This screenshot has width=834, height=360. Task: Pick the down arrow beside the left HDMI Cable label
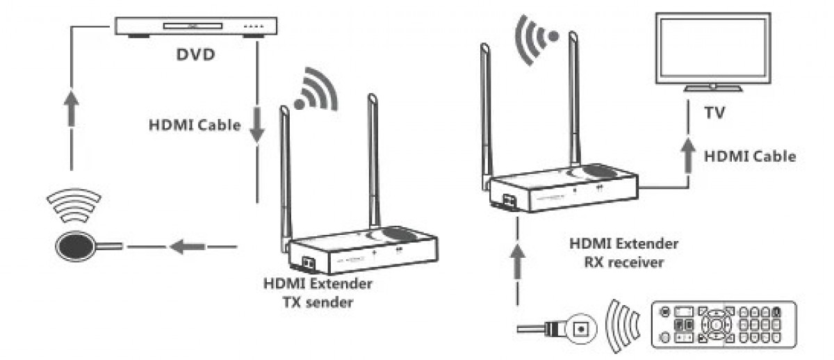[x=256, y=127]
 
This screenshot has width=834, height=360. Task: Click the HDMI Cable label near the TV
[x=749, y=156]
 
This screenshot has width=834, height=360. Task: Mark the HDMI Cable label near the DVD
[x=194, y=126]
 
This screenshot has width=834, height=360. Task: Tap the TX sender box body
[x=361, y=250]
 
